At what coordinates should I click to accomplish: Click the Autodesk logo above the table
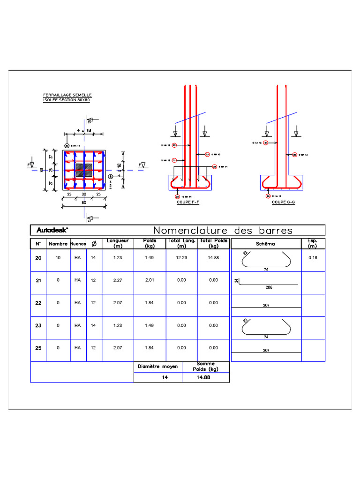52,230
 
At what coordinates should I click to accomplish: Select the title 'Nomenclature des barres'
223,230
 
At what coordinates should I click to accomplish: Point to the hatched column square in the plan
84,170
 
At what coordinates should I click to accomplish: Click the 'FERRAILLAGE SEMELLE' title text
67,95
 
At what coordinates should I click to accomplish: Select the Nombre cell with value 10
58,258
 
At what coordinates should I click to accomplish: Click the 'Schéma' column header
266,244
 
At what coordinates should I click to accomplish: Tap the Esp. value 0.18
313,258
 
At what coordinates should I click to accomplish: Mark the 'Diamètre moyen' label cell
157,367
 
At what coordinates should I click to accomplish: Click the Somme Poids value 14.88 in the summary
206,377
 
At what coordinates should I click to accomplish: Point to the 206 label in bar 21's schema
269,287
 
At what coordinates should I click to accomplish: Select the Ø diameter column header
93,244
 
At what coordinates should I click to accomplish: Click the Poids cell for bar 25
150,348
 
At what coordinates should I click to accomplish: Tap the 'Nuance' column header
78,244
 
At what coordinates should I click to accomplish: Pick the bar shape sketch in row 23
265,327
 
